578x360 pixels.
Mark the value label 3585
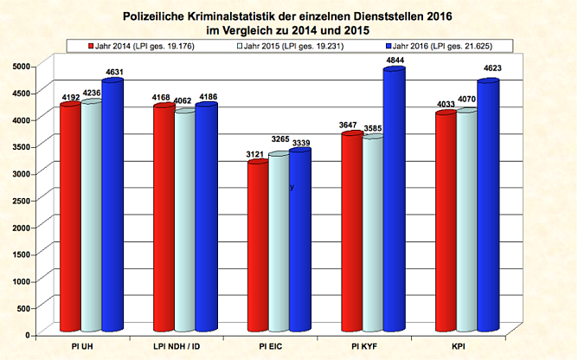pos(373,128)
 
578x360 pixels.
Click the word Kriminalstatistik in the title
pos(247,15)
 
